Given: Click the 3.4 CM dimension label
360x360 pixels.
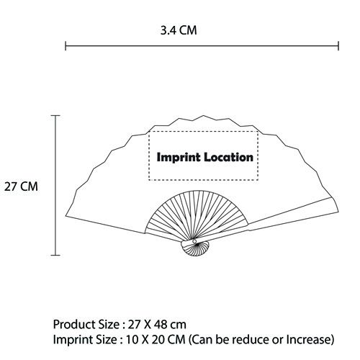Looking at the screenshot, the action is (179, 30).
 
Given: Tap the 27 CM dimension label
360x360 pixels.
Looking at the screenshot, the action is (21, 186).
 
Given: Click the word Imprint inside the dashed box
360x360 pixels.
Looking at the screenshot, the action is (179, 158).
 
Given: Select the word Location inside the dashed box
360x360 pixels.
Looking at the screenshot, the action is (229, 157).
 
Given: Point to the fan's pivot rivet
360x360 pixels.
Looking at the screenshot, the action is (194, 241).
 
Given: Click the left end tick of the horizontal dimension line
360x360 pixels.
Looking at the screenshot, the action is (66, 45).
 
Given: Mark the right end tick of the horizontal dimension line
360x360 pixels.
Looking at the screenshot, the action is (338, 45).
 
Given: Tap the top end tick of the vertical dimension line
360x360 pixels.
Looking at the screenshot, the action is (55, 116).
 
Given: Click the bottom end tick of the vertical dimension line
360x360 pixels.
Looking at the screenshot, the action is (55, 255).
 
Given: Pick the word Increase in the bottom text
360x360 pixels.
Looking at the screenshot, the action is (308, 340).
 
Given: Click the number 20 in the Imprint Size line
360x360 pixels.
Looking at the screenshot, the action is (158, 340).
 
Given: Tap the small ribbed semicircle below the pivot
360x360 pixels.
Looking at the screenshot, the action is (195, 249).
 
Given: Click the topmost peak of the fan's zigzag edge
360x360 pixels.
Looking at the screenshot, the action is (204, 116).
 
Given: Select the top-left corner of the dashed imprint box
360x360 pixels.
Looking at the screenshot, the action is (149, 132).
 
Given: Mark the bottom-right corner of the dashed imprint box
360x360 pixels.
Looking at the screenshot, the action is (258, 180).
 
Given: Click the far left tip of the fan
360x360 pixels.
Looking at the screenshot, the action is (66, 216).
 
